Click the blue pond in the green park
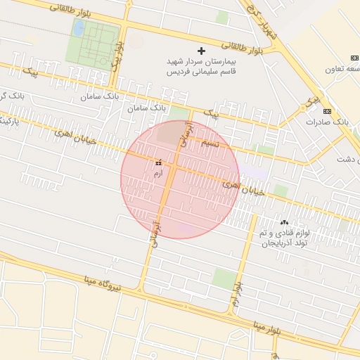click(79, 29)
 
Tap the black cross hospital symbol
click(202, 51)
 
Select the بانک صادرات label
click(328, 122)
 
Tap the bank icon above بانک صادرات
click(327, 111)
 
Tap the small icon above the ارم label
click(157, 162)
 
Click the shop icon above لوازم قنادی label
click(284, 222)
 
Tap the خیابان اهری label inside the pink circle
click(244, 187)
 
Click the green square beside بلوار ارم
click(225, 278)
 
